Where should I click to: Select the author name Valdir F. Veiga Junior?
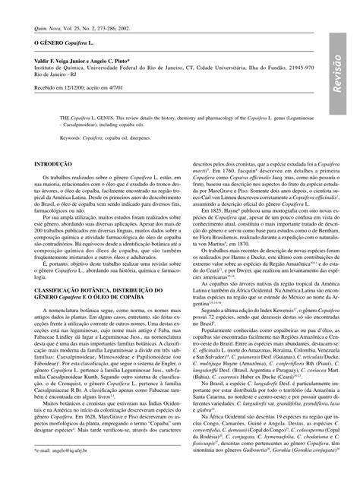[x=62, y=67]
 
